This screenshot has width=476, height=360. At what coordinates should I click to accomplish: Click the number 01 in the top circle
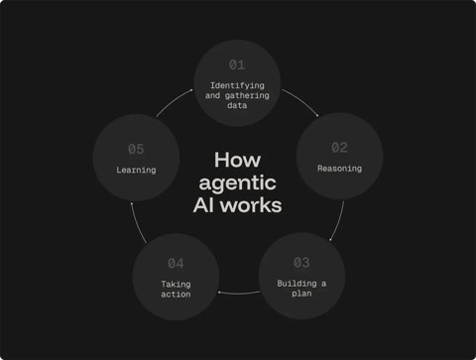(x=237, y=65)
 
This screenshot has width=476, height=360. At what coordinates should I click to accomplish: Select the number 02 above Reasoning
(x=340, y=148)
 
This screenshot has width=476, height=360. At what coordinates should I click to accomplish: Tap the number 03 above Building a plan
(x=301, y=263)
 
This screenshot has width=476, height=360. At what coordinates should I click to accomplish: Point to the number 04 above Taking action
(x=176, y=264)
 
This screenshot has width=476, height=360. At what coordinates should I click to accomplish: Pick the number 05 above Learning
(x=136, y=150)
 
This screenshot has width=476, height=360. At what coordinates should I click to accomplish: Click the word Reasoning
(x=339, y=169)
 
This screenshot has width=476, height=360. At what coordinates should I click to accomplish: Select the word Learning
(x=136, y=170)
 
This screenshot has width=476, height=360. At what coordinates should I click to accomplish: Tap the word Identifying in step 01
(x=237, y=85)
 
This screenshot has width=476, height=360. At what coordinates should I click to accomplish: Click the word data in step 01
(x=237, y=106)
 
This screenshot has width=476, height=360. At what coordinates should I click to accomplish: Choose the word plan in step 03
(x=301, y=294)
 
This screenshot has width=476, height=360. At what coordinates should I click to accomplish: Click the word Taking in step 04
(x=176, y=285)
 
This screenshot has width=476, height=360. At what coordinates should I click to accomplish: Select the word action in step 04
(x=176, y=295)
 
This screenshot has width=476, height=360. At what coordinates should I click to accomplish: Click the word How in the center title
(x=237, y=160)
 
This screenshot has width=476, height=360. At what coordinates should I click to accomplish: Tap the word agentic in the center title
(x=237, y=183)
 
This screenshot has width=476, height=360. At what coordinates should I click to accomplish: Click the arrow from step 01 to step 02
(x=301, y=103)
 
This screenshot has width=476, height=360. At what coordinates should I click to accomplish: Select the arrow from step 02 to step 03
(x=338, y=220)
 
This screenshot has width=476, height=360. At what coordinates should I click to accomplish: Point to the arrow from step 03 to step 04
(x=238, y=294)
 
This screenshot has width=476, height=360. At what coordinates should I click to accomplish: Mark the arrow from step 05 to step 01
(x=174, y=103)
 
